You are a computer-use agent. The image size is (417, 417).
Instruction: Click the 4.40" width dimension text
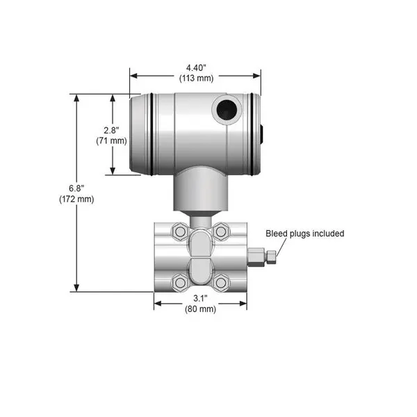[196, 68]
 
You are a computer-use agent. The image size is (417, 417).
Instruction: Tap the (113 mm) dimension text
[196, 78]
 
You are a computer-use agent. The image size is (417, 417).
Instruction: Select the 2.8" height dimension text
[111, 131]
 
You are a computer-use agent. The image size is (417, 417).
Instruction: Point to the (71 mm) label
[111, 140]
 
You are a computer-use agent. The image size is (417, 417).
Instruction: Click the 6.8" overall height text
[76, 188]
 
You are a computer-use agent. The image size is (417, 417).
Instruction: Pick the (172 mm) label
[76, 199]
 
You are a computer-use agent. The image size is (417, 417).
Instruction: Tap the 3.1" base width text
[200, 298]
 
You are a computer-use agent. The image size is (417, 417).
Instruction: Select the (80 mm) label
[201, 309]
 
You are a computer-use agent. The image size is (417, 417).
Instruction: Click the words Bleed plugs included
[305, 234]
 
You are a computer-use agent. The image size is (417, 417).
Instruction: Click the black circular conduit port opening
[227, 110]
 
